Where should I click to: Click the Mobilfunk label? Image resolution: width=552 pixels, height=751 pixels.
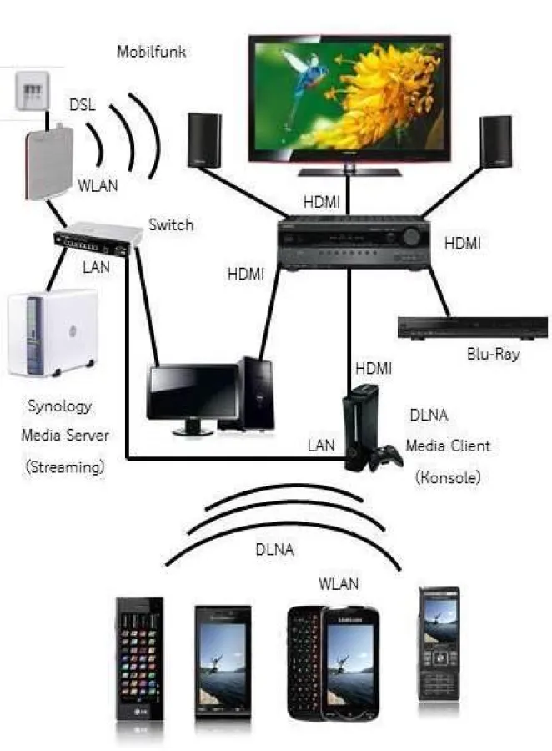point(151,53)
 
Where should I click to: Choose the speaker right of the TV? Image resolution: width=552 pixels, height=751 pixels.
point(494,140)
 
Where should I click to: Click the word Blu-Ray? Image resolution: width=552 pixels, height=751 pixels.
point(493,355)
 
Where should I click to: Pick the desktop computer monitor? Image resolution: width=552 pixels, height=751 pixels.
point(191,395)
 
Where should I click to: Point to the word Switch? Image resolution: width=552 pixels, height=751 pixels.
point(171,224)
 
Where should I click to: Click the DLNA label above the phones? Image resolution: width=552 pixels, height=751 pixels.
point(275,549)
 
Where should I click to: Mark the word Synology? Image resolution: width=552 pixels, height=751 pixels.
point(60,406)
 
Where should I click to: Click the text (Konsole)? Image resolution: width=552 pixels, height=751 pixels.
point(449,478)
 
